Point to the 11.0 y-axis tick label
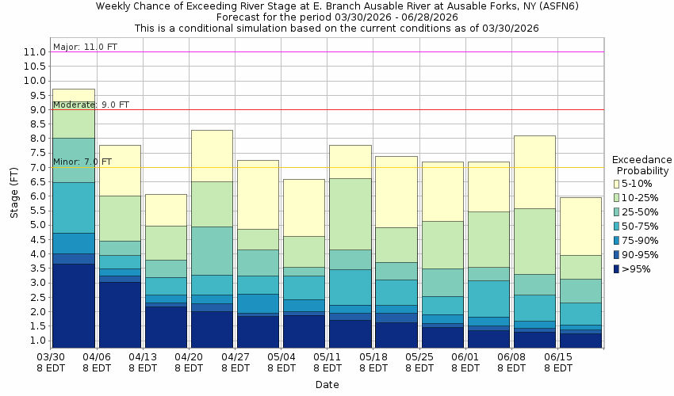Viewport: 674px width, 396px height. point(33,52)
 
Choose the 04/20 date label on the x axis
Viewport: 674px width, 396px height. point(189,356)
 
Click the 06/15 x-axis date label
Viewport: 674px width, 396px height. point(558,356)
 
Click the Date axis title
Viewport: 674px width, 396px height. point(327,385)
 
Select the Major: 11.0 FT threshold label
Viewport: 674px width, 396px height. point(85,47)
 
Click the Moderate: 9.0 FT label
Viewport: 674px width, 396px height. point(91,105)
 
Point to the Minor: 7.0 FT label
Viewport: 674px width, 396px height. point(82,162)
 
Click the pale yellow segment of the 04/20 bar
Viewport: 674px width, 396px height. point(212,155)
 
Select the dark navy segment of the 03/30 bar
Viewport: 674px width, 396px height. point(73,306)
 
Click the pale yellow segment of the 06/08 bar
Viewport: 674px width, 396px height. point(534,172)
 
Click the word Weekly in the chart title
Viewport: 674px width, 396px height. point(115,6)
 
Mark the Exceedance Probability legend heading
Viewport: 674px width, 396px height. point(641,165)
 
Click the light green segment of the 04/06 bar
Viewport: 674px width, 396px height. point(120,218)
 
